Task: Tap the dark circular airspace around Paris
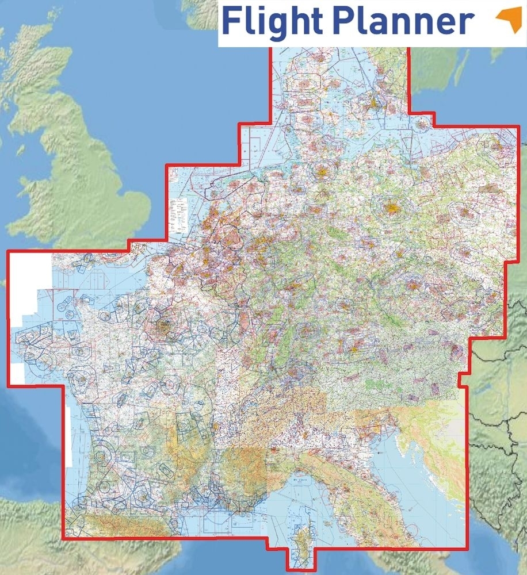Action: tap(163, 328)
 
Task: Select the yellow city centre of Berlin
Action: tap(393, 206)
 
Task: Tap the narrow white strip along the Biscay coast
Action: tap(68, 437)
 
